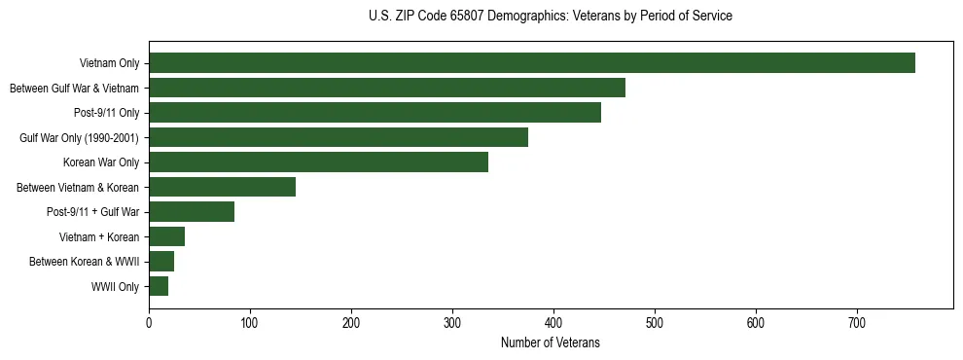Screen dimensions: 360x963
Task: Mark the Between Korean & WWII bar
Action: coord(161,262)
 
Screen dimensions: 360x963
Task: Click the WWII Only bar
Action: coord(159,286)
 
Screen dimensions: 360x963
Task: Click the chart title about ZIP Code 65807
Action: coord(551,17)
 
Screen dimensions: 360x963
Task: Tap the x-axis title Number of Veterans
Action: coord(551,343)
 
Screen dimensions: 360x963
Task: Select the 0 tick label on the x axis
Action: coord(149,323)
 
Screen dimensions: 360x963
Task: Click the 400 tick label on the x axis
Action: coord(553,323)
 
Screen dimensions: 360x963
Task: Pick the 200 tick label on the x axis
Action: coord(351,323)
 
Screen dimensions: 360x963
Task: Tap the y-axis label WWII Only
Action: coord(115,287)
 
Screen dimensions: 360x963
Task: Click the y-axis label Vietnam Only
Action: coord(109,64)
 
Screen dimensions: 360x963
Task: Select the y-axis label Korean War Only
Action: coord(101,162)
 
